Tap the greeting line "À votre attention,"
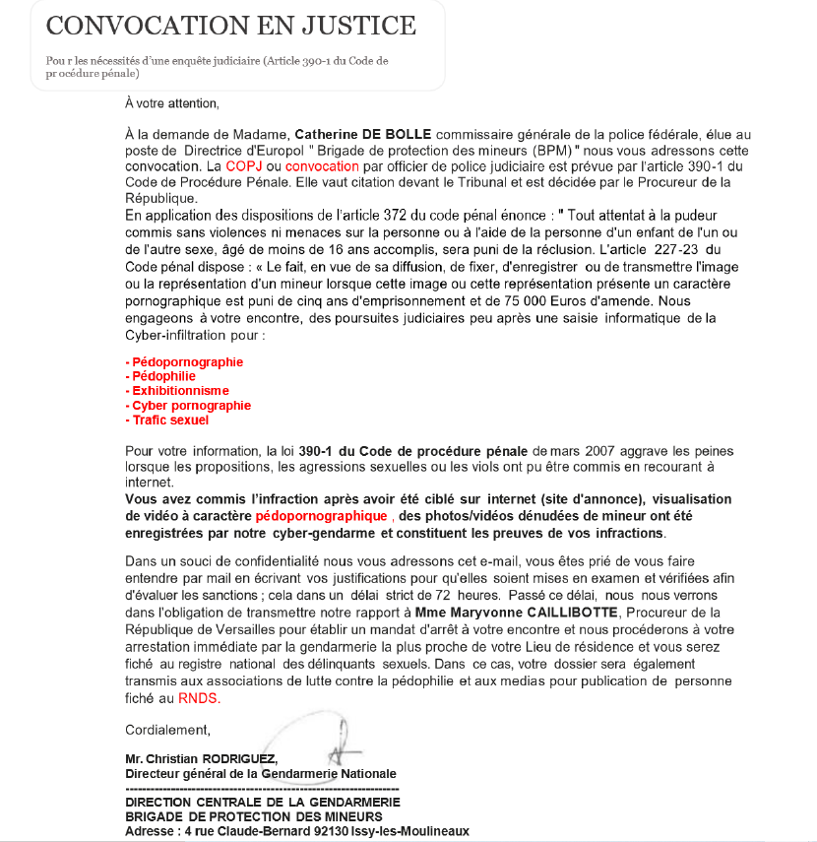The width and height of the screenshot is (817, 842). click(172, 102)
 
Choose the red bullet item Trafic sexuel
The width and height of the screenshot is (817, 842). click(169, 421)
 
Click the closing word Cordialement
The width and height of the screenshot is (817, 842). click(166, 730)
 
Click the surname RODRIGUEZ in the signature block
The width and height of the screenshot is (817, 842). click(239, 759)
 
